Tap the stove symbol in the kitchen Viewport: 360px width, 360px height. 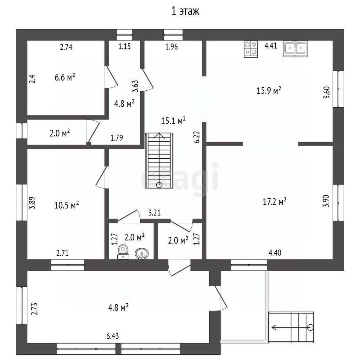251,49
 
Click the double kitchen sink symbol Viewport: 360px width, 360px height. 296,49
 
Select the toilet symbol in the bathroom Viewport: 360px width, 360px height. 123,251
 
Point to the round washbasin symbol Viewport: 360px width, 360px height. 141,254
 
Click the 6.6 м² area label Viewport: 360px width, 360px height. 65,78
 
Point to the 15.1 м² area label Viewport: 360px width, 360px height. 174,121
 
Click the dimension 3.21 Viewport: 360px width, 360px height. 154,213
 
